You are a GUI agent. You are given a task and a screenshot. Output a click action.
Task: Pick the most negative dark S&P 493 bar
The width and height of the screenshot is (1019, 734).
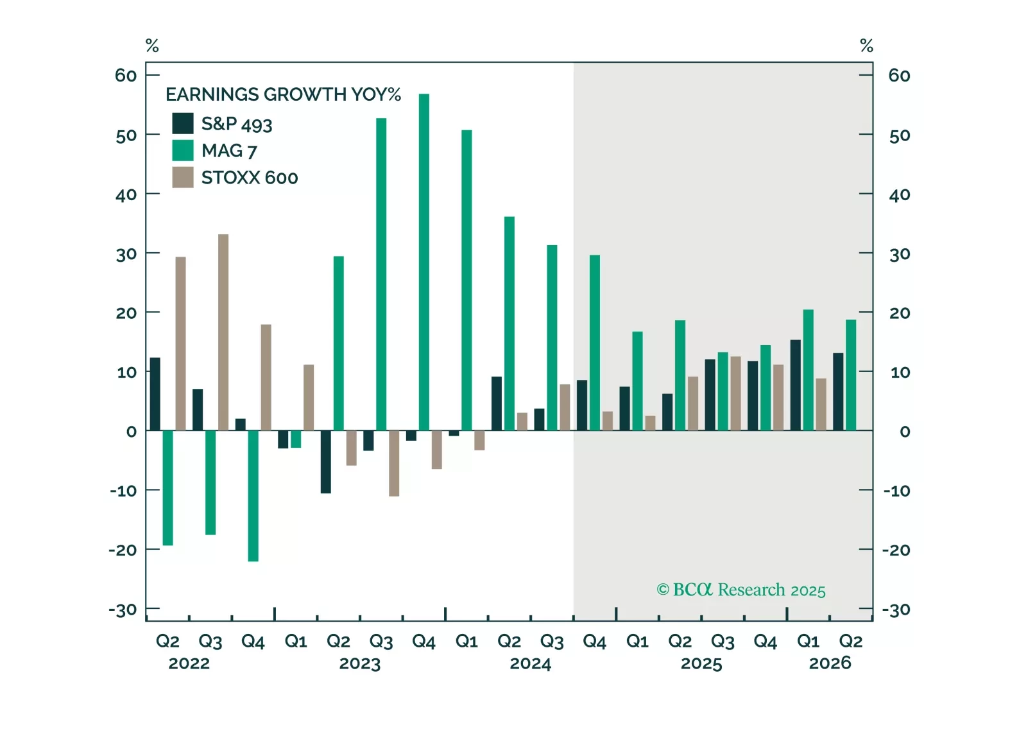tap(325, 461)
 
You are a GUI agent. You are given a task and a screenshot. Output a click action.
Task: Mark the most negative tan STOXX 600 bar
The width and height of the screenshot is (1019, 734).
tap(394, 463)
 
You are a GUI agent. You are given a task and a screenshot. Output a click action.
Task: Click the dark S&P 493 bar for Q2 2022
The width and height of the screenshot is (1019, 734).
tap(155, 394)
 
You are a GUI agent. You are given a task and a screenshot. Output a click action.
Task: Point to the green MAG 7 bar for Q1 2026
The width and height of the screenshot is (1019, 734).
tap(809, 370)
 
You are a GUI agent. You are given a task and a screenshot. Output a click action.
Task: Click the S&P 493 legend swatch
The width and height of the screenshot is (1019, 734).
tap(183, 123)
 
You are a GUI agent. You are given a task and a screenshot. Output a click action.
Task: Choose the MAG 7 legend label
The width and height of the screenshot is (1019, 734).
tap(229, 151)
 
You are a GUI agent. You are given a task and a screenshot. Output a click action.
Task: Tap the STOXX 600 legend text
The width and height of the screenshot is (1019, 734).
tap(250, 178)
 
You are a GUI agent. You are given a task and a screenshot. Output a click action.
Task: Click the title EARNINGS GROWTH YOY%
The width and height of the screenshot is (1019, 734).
tap(283, 94)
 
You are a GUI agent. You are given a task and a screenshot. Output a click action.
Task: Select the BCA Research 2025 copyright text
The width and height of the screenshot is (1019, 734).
tap(741, 590)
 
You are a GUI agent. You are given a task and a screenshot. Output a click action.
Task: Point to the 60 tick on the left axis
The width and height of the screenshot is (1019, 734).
tap(126, 76)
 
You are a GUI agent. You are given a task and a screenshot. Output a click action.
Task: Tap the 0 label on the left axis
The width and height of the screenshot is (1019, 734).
tap(132, 432)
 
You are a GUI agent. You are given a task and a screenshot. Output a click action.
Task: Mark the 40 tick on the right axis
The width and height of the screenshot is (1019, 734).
tap(900, 194)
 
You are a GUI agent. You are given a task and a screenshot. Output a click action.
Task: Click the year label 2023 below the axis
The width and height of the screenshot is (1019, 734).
tap(360, 663)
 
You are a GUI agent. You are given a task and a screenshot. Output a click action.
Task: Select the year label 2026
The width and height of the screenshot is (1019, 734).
tap(830, 663)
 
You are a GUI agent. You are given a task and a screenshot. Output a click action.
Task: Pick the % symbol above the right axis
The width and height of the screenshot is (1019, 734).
tap(866, 46)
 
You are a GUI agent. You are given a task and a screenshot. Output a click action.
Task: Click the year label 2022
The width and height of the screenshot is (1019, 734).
tap(189, 663)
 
